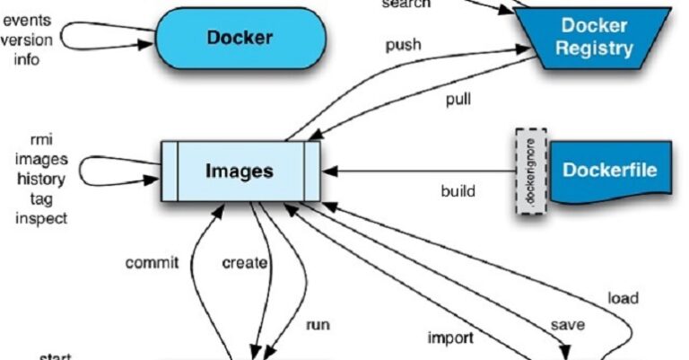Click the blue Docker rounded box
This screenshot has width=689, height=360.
(x=240, y=38)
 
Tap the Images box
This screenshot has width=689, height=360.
(x=240, y=171)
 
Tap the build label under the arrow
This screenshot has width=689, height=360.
(x=458, y=191)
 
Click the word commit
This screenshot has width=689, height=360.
(x=152, y=263)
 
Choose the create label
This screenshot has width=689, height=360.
(x=244, y=263)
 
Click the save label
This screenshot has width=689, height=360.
(x=566, y=327)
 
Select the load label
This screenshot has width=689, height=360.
(x=624, y=297)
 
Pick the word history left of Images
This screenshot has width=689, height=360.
(x=35, y=179)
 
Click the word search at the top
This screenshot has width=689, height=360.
(x=406, y=4)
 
